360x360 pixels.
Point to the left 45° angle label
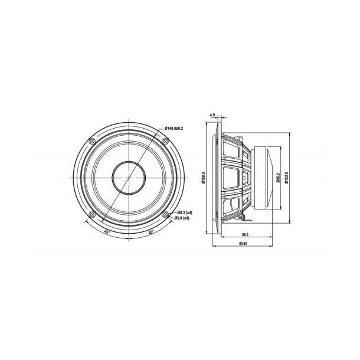click(x=107, y=232)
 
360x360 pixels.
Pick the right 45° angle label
click(x=151, y=232)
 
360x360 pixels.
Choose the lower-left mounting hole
click(x=91, y=215)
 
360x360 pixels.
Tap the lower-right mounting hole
click(x=166, y=215)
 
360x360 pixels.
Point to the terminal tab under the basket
click(x=243, y=218)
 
